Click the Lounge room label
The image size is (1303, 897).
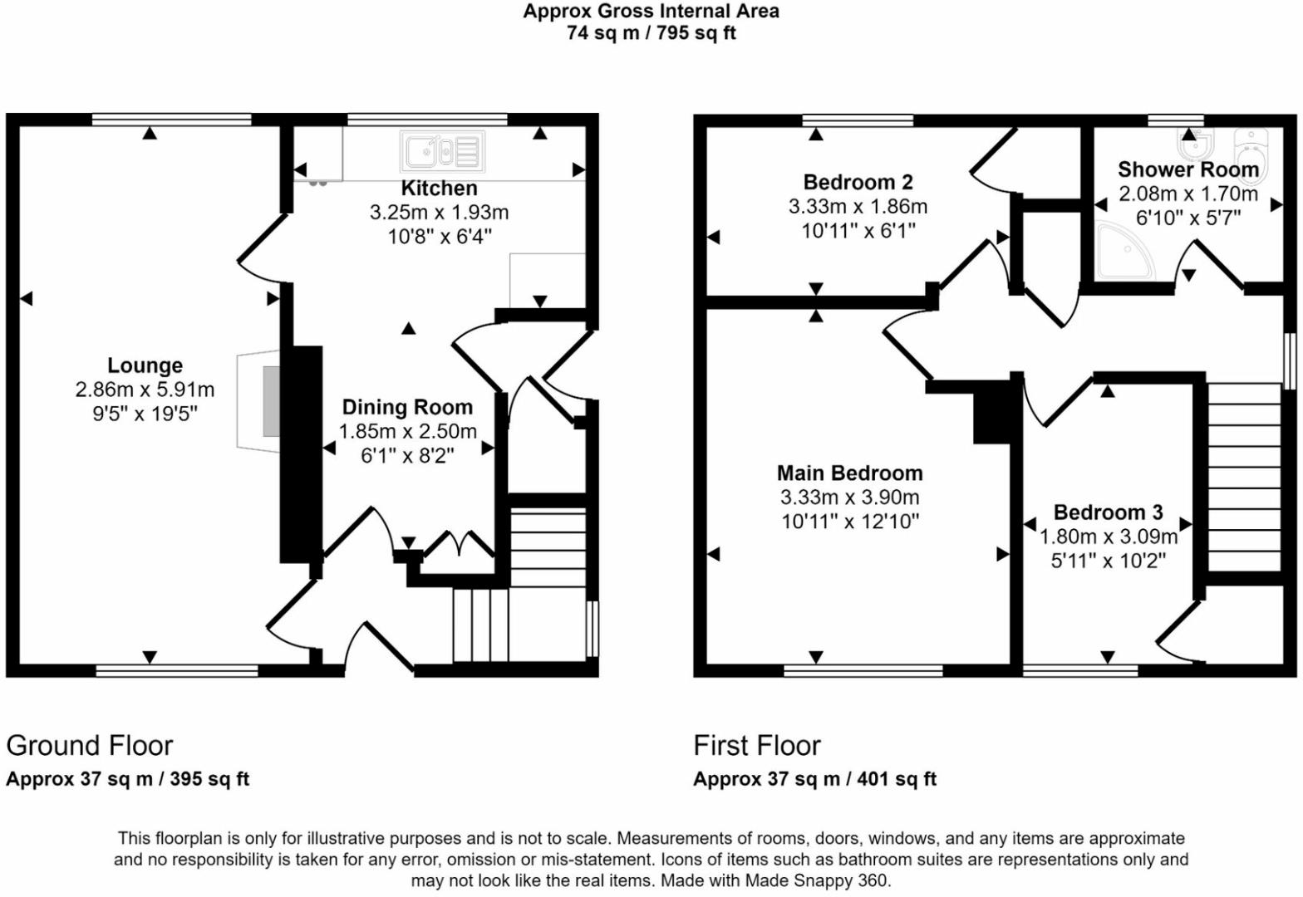pyautogui.click(x=145, y=365)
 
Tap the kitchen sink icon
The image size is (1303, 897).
pyautogui.click(x=443, y=152)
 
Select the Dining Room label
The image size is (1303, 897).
pyautogui.click(x=407, y=407)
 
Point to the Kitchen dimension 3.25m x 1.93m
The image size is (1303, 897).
pyautogui.click(x=439, y=213)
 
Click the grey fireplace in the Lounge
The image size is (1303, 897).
pyautogui.click(x=271, y=401)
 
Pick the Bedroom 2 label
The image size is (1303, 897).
pyautogui.click(x=858, y=183)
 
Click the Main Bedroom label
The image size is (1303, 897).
pyautogui.click(x=850, y=473)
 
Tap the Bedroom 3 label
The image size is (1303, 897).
pyautogui.click(x=1109, y=512)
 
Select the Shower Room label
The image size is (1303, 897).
pyautogui.click(x=1188, y=169)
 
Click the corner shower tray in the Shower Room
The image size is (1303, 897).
pyautogui.click(x=1122, y=252)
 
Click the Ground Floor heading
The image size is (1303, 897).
pyautogui.click(x=90, y=746)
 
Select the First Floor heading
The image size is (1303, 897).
pyautogui.click(x=757, y=746)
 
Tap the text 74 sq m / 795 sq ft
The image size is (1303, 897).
pyautogui.click(x=651, y=33)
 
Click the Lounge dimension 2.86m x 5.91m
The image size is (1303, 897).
pyautogui.click(x=145, y=390)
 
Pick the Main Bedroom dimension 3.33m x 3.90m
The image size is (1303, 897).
pyautogui.click(x=850, y=498)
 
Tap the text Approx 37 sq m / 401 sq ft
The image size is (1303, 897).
pyautogui.click(x=815, y=779)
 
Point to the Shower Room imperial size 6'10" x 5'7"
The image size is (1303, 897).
pyautogui.click(x=1188, y=218)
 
